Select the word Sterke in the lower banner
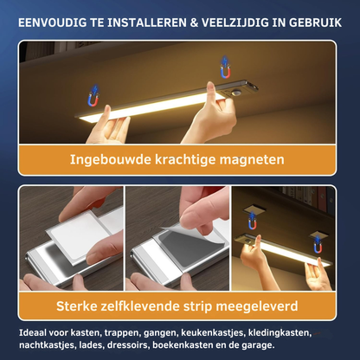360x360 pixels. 82,305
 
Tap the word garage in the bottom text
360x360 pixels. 256,345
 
